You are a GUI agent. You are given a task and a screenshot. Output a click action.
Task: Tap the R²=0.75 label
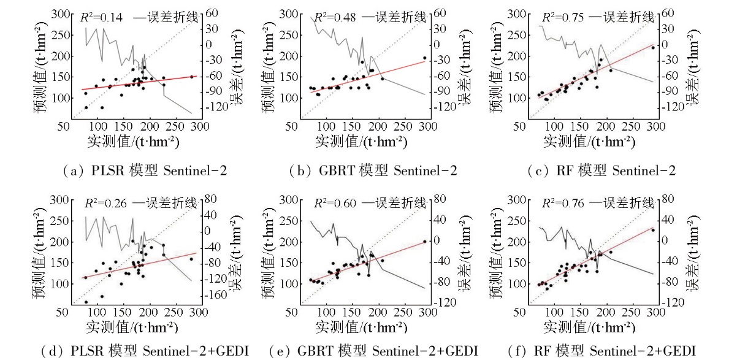coord(559,18)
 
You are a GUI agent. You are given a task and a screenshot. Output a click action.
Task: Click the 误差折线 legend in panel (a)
coord(168,18)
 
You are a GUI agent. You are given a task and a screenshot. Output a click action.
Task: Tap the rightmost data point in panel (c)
coord(653,47)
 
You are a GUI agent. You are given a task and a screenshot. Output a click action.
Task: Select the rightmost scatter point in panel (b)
coord(424,58)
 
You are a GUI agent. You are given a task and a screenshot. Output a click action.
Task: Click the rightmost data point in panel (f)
coord(653,231)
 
